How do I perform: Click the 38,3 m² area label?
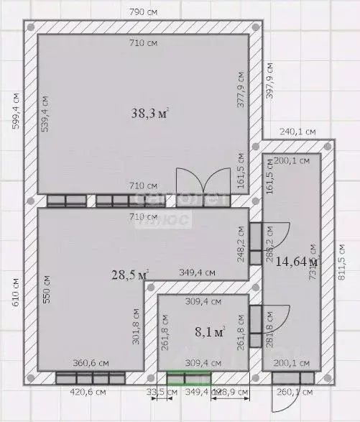(x=150, y=113)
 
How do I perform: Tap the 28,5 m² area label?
(x=130, y=274)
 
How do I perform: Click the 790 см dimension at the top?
(x=143, y=12)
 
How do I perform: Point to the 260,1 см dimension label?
(x=294, y=393)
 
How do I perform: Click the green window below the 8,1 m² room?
(x=190, y=378)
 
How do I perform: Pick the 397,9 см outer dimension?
(x=269, y=79)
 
